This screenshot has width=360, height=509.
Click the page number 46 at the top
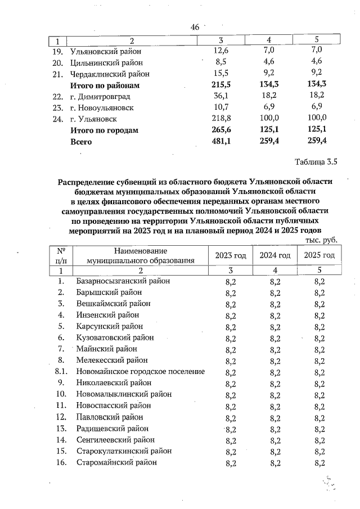pos(195,28)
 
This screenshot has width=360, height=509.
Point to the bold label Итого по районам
pos(103,85)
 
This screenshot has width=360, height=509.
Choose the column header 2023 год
pos(231,255)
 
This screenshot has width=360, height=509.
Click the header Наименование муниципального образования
pos(140,255)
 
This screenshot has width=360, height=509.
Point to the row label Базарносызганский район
pos(123,281)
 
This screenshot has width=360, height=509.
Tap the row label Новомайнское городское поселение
pos(140,372)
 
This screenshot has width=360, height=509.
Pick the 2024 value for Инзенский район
pos(275,315)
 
